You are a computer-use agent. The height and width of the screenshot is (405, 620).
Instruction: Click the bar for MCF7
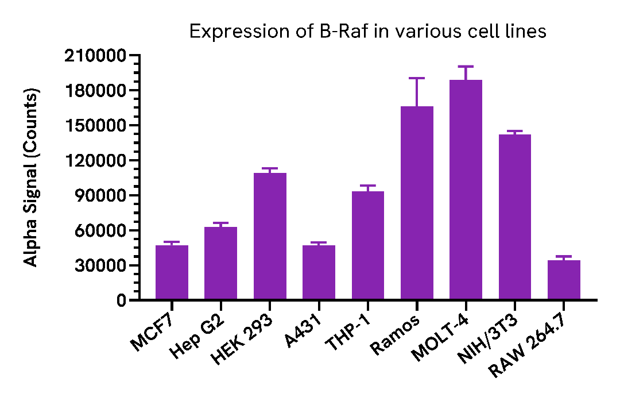(x=172, y=272)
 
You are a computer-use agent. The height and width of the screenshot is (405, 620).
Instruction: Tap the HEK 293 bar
(x=270, y=236)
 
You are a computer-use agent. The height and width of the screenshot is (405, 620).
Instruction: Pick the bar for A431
(x=319, y=272)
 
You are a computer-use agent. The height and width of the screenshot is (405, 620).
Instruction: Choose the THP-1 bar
(x=367, y=245)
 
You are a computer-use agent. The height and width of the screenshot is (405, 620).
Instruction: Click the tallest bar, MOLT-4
(x=466, y=190)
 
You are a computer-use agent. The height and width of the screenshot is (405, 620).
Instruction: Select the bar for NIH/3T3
(x=514, y=217)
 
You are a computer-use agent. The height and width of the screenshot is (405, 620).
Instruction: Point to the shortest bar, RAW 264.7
(x=564, y=280)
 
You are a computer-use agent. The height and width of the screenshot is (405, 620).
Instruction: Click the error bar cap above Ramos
(x=417, y=78)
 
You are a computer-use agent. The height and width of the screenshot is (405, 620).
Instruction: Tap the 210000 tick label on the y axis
(x=96, y=56)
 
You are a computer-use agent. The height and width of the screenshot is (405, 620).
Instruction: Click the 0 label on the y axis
(x=121, y=300)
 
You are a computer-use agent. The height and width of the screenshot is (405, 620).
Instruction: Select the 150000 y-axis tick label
(x=96, y=126)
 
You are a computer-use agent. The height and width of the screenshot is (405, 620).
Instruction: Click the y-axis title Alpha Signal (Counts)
(x=32, y=178)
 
